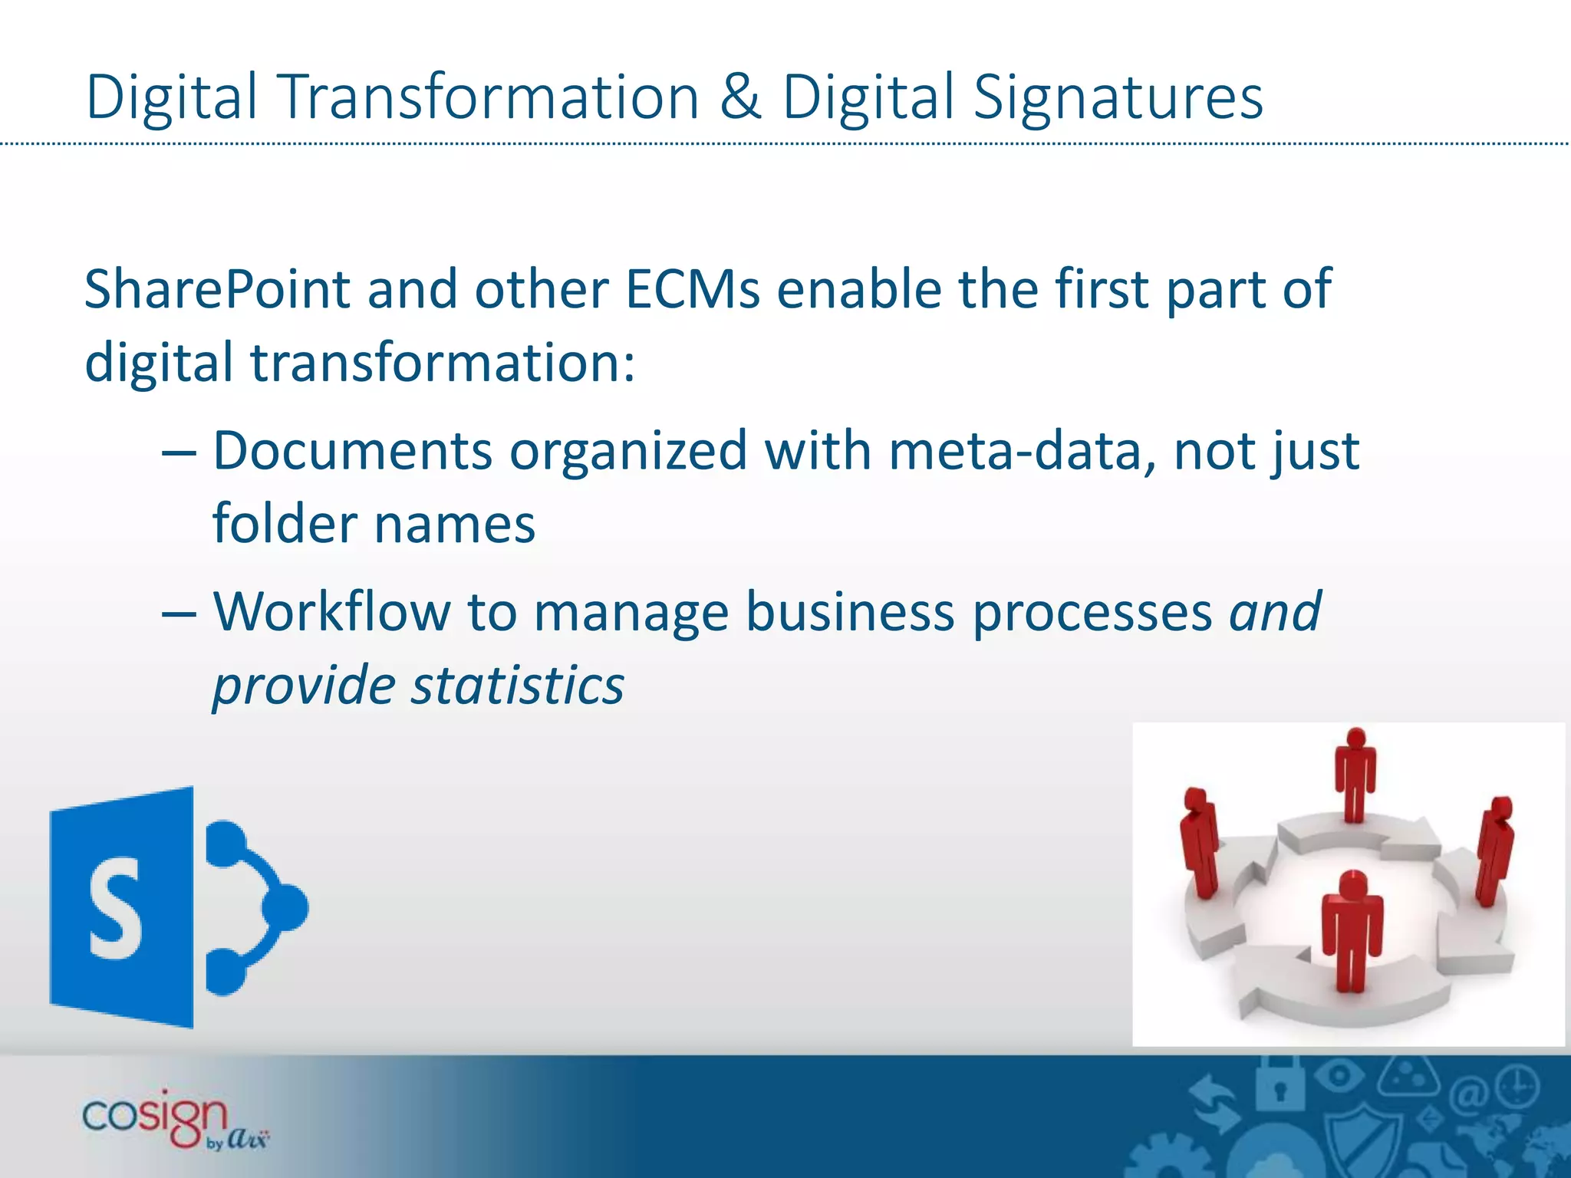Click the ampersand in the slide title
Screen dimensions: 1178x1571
[x=740, y=97]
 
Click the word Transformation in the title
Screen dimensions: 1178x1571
[x=491, y=97]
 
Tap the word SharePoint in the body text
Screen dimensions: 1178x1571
[x=217, y=291]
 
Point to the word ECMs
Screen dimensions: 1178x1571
[x=693, y=289]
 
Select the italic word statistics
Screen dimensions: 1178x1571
[x=518, y=685]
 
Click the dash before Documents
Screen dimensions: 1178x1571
[x=179, y=452]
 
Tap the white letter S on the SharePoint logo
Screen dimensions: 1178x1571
[x=115, y=908]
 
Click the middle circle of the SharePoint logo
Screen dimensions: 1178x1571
[x=285, y=908]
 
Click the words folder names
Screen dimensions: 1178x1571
[x=374, y=525]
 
